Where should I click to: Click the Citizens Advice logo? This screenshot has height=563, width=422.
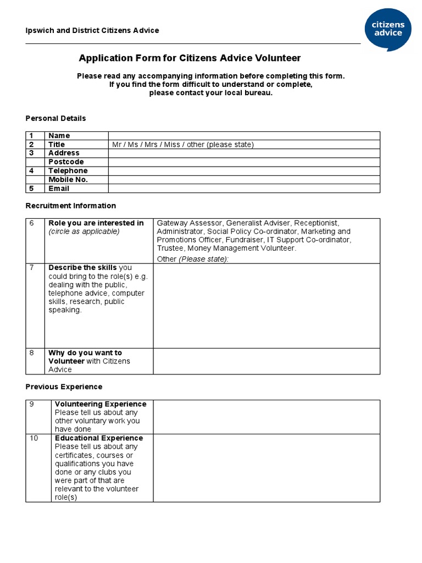[388, 29]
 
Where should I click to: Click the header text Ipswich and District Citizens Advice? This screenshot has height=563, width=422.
[92, 30]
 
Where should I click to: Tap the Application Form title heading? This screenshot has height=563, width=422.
[190, 58]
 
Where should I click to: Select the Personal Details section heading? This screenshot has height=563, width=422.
[55, 118]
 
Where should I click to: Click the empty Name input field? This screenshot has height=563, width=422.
[243, 136]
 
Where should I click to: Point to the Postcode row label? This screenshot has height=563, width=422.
[66, 162]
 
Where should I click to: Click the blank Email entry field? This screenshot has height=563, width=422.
[243, 189]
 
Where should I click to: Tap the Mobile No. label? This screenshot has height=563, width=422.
[68, 180]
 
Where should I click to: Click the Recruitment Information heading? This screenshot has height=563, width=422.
[71, 206]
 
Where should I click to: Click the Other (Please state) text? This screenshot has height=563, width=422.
[192, 259]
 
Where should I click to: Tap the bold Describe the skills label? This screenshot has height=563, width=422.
[82, 268]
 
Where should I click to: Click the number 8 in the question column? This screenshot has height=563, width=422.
[32, 353]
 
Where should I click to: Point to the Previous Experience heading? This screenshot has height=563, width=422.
[64, 387]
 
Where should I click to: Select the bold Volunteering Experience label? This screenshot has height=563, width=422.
[101, 404]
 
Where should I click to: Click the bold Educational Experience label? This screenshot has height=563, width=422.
[99, 438]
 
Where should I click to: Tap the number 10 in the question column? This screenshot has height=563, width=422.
[34, 438]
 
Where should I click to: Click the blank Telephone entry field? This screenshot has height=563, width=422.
[243, 171]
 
